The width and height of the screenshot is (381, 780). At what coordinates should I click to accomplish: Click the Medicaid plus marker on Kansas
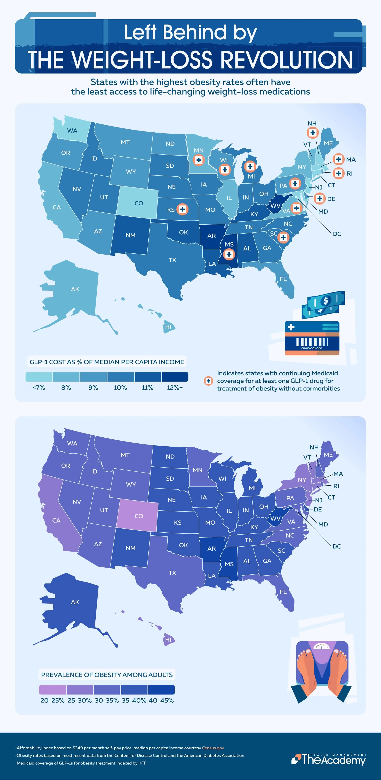(x=182, y=209)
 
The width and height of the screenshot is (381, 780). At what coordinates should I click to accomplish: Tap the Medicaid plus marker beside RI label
(x=338, y=173)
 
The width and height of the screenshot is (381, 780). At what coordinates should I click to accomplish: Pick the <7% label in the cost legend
(x=39, y=388)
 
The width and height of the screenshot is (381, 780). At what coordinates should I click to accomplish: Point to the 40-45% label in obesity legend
(x=161, y=700)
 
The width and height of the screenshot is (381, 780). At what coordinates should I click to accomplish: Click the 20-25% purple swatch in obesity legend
(x=52, y=690)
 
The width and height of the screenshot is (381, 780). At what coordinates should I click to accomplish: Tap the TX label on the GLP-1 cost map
(x=172, y=260)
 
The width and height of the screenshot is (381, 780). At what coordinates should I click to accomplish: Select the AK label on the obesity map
(x=75, y=602)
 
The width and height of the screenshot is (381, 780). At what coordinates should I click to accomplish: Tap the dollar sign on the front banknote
(x=326, y=301)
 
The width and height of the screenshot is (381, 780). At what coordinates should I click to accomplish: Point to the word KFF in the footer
(x=142, y=763)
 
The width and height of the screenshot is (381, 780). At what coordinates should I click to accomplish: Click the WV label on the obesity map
(x=275, y=518)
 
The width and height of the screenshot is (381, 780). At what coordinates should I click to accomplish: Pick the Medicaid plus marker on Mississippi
(x=229, y=254)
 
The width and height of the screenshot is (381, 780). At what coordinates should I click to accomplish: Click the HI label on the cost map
(x=168, y=327)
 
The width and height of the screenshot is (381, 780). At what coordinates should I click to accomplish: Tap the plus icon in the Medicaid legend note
(x=208, y=381)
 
